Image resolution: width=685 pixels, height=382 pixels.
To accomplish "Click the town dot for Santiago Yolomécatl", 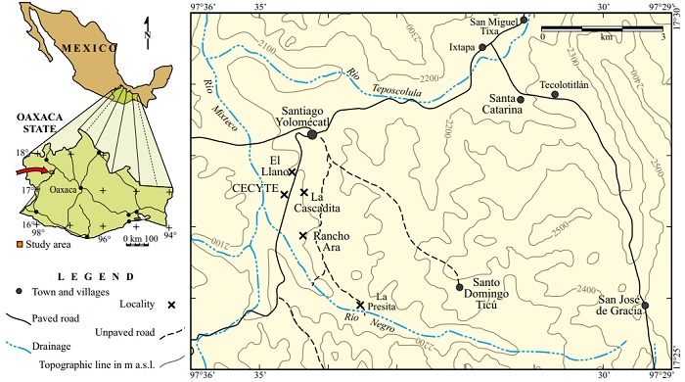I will click(x=312, y=134).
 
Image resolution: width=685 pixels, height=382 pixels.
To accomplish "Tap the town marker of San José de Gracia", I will click(x=645, y=306).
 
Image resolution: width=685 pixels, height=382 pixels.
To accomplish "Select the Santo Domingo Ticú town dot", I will click(x=460, y=287).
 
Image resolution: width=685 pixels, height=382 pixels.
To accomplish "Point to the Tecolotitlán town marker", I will click(x=555, y=94).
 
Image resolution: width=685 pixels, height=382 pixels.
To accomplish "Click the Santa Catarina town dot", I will click(x=521, y=99).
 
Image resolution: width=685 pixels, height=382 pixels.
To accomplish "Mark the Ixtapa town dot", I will click(x=481, y=46).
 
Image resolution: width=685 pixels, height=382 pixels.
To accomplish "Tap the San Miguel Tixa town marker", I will click(x=524, y=20).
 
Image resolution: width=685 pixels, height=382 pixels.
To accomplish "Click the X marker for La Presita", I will click(x=360, y=305).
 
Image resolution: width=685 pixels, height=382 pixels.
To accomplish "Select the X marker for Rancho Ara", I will click(x=303, y=235).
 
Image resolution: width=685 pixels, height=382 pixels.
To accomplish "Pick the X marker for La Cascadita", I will click(x=304, y=193).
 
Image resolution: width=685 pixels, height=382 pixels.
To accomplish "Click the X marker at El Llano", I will click(x=292, y=171).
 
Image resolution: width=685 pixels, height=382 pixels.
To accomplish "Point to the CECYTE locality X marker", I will click(x=284, y=195).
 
